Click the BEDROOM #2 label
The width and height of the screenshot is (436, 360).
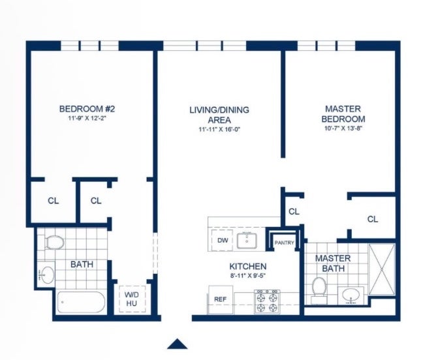tap(87, 109)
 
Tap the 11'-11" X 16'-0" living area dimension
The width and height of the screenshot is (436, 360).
tap(219, 129)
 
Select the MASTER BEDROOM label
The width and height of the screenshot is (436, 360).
tap(343, 114)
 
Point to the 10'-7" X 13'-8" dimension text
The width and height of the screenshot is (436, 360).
tap(343, 128)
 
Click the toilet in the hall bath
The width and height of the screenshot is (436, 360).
tap(55, 242)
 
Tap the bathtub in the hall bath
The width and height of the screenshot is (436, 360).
tap(81, 302)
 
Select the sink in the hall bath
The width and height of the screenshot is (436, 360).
tap(47, 275)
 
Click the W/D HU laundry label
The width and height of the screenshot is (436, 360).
tap(132, 299)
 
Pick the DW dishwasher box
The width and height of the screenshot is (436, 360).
tap(223, 240)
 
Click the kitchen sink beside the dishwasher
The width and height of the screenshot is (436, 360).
tap(247, 241)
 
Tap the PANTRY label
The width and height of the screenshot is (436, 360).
tap(284, 243)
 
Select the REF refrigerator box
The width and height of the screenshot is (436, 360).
tap(221, 299)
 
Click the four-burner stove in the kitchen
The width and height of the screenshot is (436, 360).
tap(267, 302)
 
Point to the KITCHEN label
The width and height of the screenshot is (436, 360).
tap(248, 266)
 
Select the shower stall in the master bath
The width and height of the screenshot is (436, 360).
tap(381, 269)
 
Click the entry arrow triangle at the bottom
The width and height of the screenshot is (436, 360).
tap(177, 344)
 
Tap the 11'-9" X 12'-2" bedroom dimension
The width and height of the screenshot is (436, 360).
tap(87, 118)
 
